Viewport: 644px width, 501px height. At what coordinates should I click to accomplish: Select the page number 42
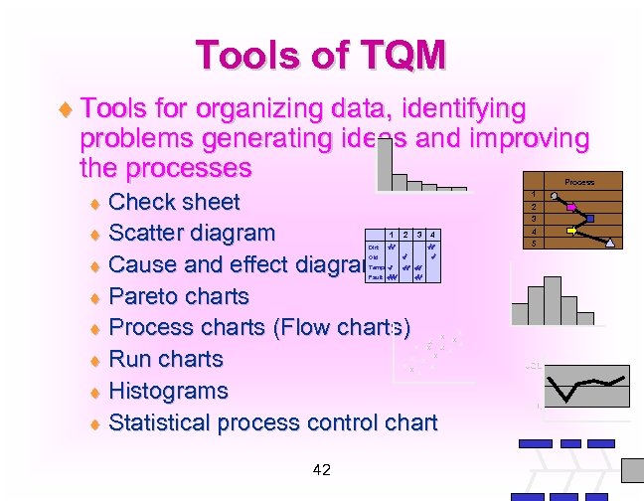tap(321, 469)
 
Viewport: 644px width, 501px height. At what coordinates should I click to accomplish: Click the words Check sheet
tap(174, 202)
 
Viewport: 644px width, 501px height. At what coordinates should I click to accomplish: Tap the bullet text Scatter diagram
tap(191, 234)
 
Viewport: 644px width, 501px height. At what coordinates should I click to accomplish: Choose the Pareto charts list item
tap(178, 296)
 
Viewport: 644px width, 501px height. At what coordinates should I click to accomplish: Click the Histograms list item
tap(168, 391)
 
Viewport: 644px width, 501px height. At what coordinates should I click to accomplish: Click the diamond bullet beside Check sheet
tap(95, 203)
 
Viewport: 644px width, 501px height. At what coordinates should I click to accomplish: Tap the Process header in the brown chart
tap(579, 182)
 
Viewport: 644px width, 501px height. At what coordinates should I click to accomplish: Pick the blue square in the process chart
tap(590, 218)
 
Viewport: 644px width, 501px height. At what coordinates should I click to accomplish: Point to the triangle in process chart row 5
tap(611, 243)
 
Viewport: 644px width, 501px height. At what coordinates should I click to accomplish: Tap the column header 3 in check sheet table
tap(418, 235)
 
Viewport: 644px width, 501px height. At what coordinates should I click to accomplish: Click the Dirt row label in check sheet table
tap(373, 246)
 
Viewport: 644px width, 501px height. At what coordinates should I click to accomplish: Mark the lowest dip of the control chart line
tap(565, 397)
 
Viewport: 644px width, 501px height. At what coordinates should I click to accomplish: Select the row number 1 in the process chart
tap(535, 195)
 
